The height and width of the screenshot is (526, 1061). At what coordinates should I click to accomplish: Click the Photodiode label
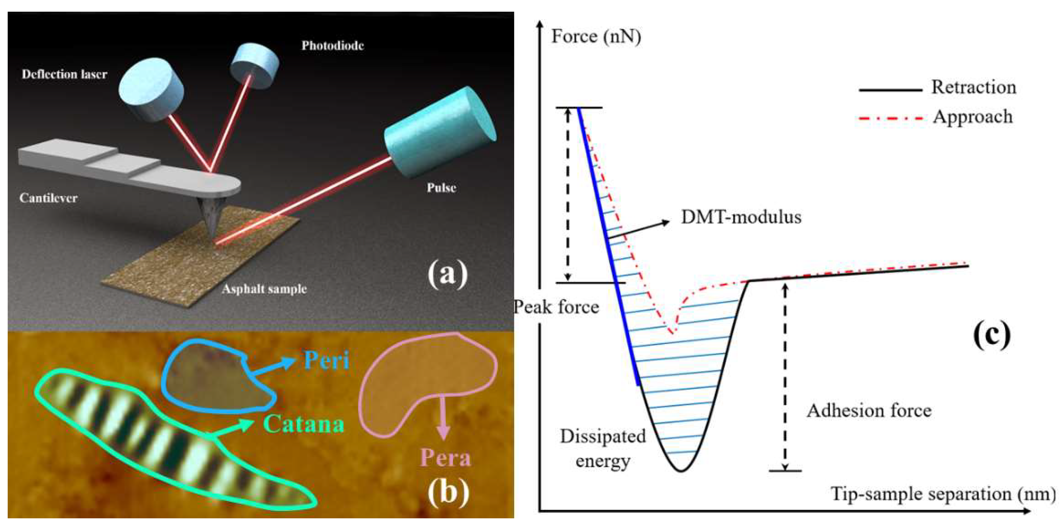[332, 45]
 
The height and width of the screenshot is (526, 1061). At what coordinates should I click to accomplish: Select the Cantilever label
[48, 198]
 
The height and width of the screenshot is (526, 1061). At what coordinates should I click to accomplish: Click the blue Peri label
[326, 360]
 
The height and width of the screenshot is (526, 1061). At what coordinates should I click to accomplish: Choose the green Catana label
[304, 423]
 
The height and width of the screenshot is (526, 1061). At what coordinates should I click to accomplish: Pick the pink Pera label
[445, 458]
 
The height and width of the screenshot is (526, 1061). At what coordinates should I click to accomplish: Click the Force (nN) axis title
[596, 36]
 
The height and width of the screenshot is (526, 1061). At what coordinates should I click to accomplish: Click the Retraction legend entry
[974, 87]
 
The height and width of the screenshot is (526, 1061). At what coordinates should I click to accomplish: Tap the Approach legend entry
[972, 117]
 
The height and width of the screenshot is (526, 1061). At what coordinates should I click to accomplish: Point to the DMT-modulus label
[741, 217]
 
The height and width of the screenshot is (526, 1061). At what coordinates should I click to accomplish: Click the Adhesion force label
[869, 411]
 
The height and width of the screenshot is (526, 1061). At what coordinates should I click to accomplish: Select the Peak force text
[556, 307]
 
